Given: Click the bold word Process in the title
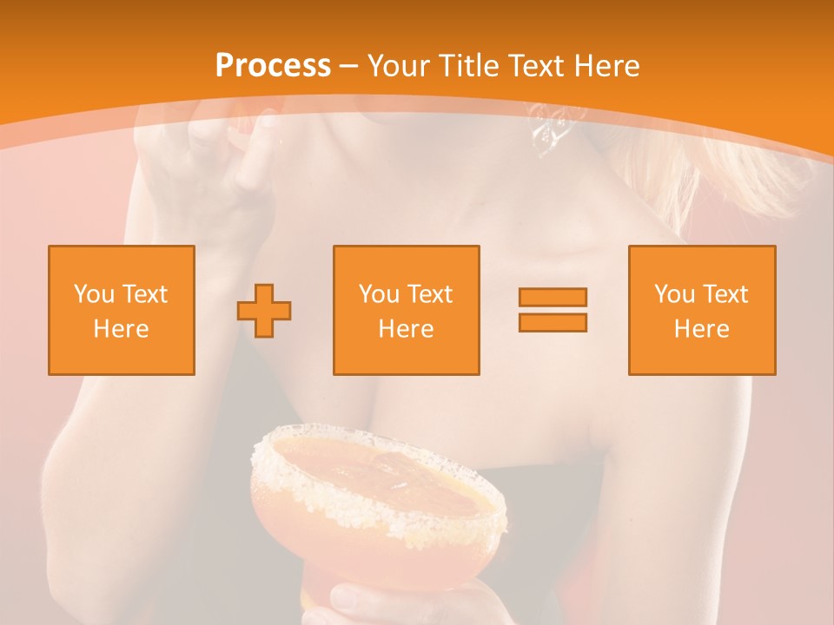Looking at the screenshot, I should click(x=273, y=66).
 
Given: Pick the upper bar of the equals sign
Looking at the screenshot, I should click(x=553, y=297).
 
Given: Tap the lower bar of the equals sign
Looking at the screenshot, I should click(x=553, y=323).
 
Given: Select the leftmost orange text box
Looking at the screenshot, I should click(x=121, y=310).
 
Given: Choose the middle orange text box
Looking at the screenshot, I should click(x=406, y=310).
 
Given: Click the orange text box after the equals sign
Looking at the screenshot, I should click(x=701, y=310).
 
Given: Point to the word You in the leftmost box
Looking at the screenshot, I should click(x=93, y=294).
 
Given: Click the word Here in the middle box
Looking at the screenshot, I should click(x=406, y=329).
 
